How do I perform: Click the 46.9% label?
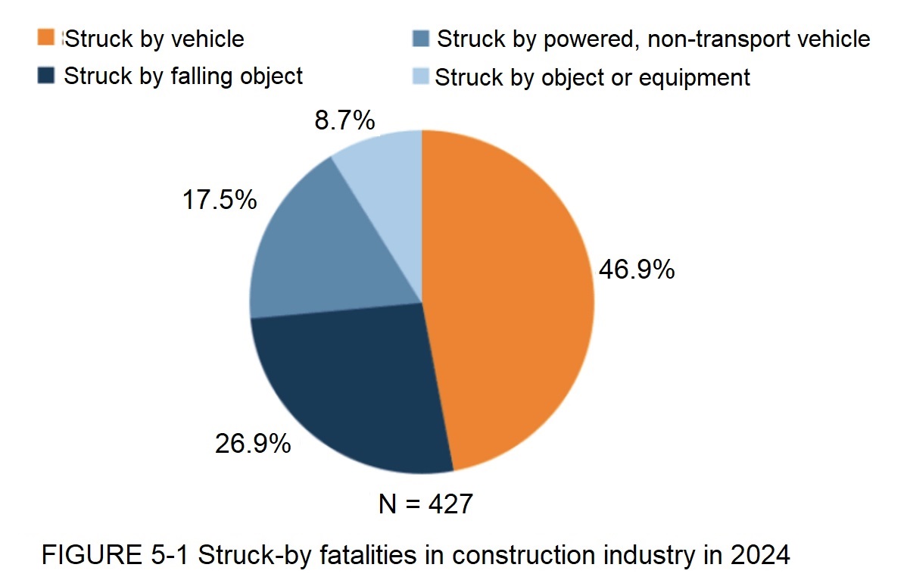pos(636,270)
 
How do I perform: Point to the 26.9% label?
pos(253,444)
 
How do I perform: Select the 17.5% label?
pos(219,200)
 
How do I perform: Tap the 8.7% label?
pos(345,121)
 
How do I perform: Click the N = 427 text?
pos(425,504)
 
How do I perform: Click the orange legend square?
pos(47,38)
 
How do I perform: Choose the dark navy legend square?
pos(47,76)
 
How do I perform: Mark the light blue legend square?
pos(421,76)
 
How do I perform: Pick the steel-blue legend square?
pos(421,38)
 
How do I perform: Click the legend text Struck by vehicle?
pos(154,39)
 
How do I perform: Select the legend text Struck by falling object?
pos(183,76)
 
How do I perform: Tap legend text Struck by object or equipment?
pos(593,77)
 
